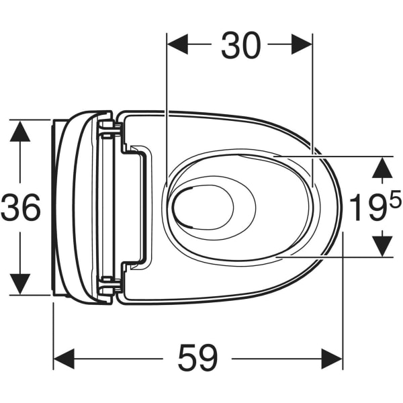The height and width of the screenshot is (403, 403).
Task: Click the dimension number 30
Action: (241, 45)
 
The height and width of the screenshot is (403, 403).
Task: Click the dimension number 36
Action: (21, 208)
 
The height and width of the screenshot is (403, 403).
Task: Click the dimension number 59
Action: (197, 358)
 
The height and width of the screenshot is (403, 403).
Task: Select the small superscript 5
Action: (395, 197)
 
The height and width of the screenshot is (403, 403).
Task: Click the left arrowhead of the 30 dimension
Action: (177, 44)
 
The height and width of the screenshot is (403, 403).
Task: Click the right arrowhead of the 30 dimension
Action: (302, 44)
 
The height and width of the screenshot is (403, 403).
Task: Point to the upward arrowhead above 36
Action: (20, 131)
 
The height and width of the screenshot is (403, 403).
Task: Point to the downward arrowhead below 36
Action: (20, 284)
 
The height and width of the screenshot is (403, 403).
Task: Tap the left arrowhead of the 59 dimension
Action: (64, 359)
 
